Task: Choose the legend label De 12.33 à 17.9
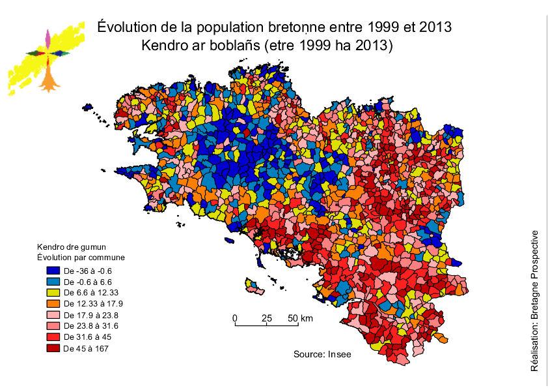90,303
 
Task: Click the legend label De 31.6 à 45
87,338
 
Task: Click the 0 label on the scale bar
235,318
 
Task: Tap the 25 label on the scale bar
266,318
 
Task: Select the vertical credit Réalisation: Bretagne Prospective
535,301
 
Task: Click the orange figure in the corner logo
49,78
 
